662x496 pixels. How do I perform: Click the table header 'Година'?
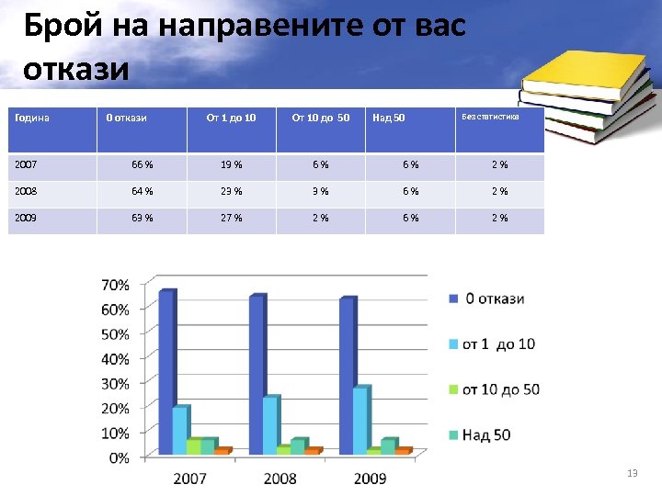[32, 118]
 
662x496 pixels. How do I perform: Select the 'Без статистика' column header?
[491, 118]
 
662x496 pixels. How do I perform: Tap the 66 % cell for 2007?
[142, 165]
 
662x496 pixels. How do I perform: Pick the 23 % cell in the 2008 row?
[232, 192]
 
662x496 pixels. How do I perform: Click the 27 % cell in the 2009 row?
[232, 219]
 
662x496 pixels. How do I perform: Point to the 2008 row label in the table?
[27, 192]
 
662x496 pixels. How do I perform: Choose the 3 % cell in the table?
[321, 192]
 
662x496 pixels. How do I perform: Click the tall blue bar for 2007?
[166, 372]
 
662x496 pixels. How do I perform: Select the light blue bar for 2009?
[360, 420]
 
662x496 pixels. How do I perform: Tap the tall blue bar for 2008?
[257, 375]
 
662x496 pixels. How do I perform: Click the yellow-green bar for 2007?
[193, 446]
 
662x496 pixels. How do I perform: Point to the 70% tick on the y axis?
[115, 285]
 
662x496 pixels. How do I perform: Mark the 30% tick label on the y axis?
[115, 383]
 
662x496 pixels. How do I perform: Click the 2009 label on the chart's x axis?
[370, 478]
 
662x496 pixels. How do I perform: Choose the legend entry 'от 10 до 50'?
[500, 389]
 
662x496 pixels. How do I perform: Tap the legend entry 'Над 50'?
[486, 434]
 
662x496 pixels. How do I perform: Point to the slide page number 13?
[632, 473]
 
